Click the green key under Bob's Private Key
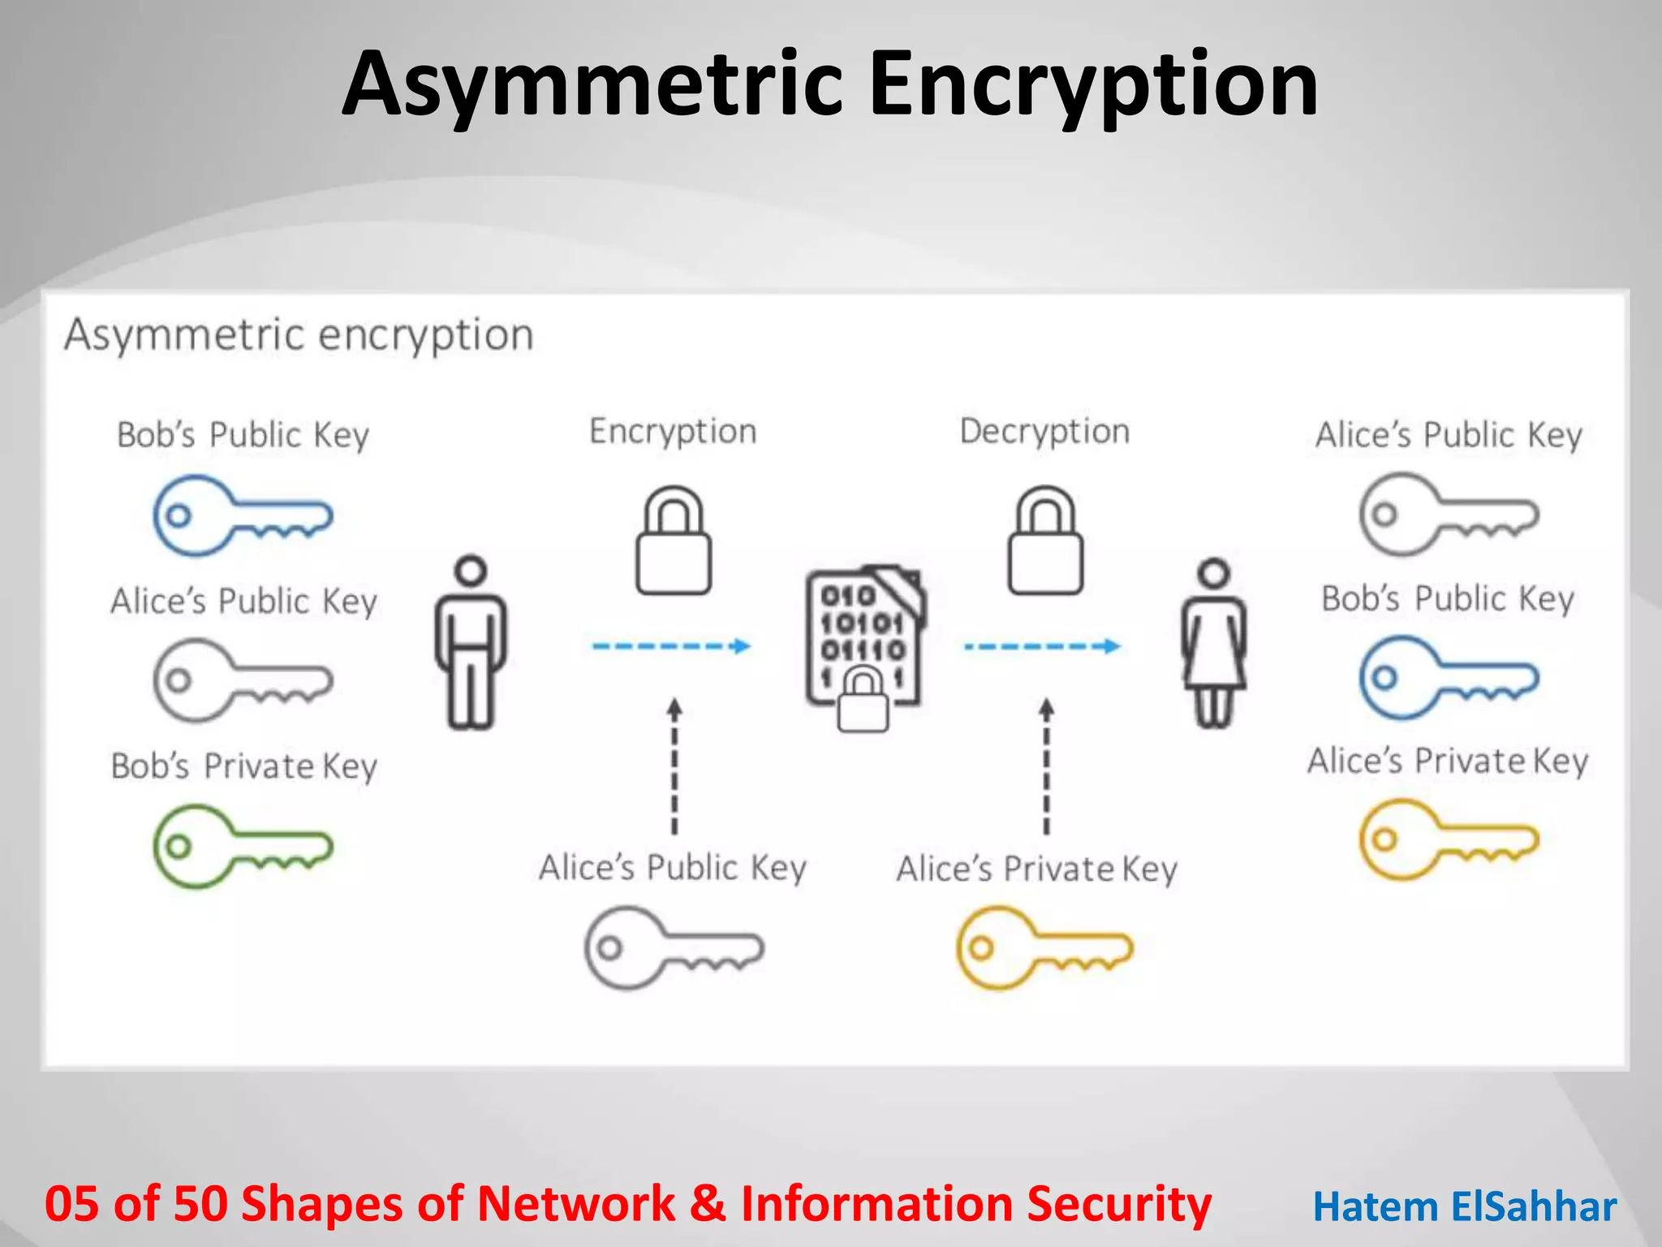(242, 846)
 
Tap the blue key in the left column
(242, 516)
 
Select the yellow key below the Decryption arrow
(1044, 948)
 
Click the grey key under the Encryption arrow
(674, 948)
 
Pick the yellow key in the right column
(1449, 839)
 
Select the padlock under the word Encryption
(674, 542)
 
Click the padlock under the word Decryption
(1045, 542)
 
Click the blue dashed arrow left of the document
(672, 646)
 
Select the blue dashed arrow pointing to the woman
(1043, 646)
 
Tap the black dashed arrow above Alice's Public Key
(674, 767)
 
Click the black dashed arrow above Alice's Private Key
(1047, 767)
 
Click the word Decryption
(1044, 432)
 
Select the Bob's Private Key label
(244, 766)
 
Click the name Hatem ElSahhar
(1465, 1207)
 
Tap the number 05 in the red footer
(71, 1204)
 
